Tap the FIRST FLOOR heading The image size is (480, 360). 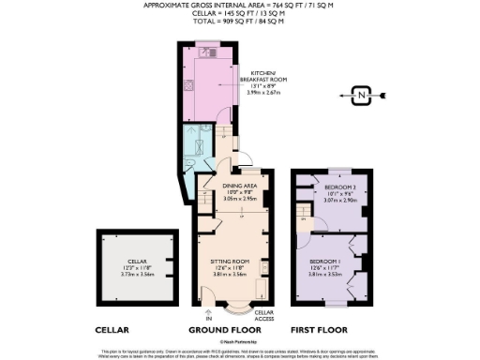(x=319, y=330)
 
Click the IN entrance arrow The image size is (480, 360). (x=207, y=313)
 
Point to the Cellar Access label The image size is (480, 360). (x=264, y=318)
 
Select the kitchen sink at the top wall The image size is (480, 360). (x=213, y=52)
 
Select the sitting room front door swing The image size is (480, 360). (x=215, y=299)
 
